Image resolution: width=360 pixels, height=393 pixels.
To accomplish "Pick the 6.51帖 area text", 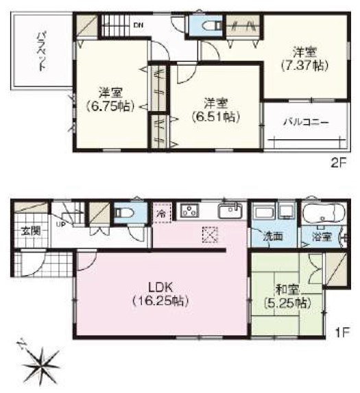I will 215,117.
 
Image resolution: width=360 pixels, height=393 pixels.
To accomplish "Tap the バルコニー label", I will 307,123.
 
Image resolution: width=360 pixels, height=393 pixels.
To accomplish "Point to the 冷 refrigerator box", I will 162,213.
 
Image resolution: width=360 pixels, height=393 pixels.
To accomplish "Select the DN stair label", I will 138,26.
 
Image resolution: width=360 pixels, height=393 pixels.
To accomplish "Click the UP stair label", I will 60,224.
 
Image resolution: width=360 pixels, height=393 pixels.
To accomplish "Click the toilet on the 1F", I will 123,213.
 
